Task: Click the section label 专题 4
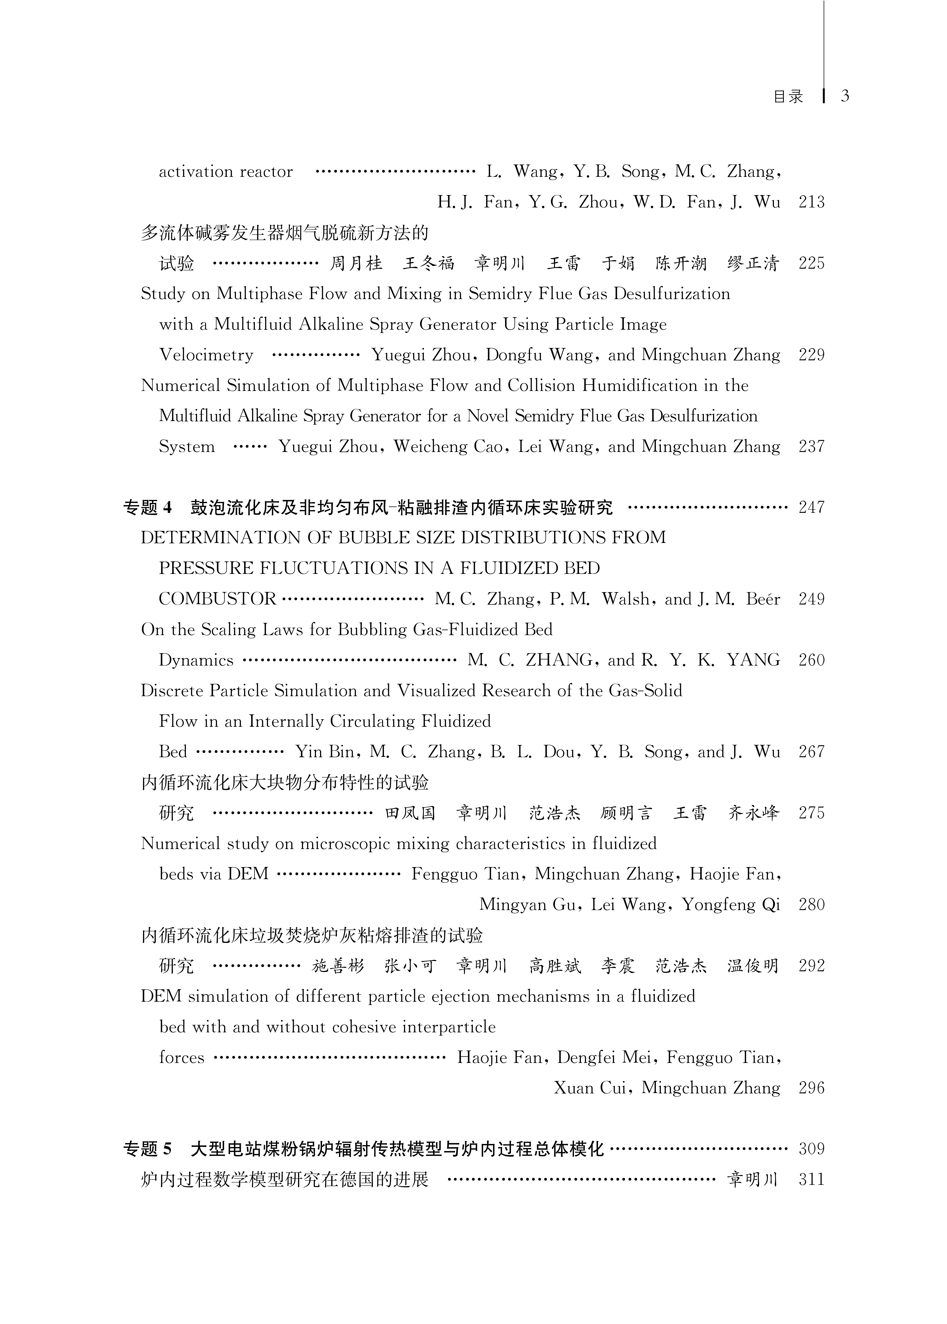(x=148, y=508)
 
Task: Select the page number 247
(x=811, y=508)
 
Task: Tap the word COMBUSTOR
(x=217, y=599)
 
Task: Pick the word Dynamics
(x=196, y=660)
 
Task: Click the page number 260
(x=811, y=660)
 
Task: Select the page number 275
(x=811, y=813)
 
